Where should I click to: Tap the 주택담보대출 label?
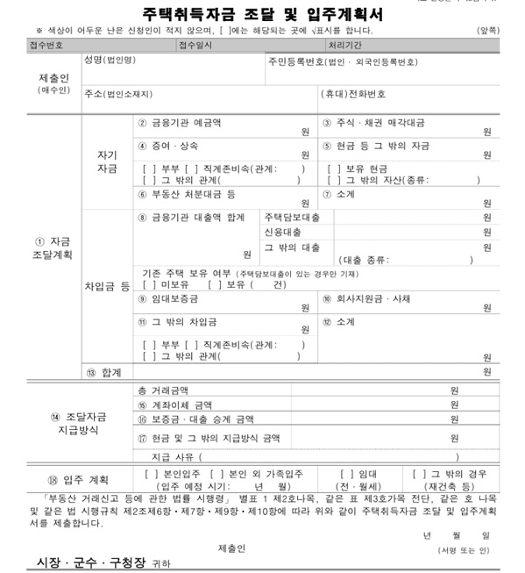click(292, 216)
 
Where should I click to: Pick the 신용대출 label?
click(282, 232)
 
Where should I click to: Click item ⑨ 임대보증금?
click(168, 299)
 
